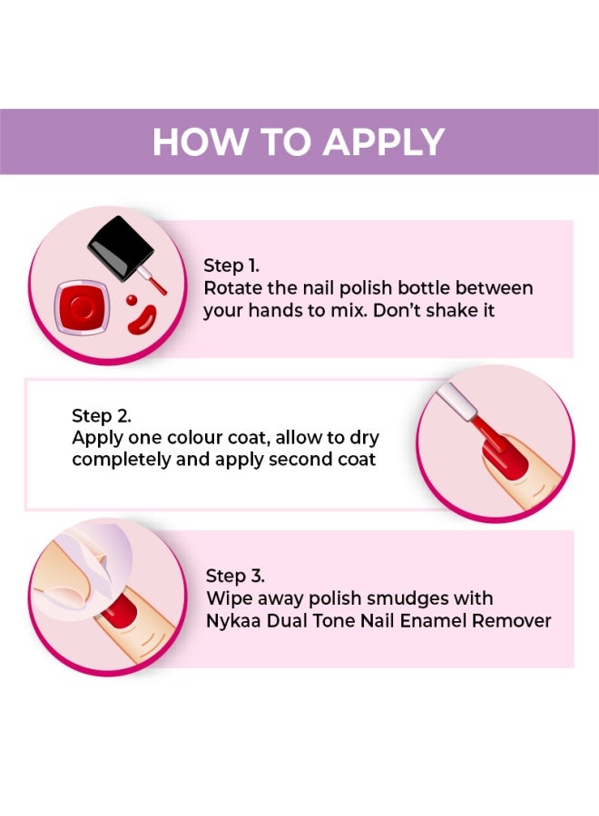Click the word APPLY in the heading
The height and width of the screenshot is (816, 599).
[383, 142]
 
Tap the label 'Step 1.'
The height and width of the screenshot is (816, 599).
[231, 266]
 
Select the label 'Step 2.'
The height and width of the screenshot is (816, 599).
[101, 416]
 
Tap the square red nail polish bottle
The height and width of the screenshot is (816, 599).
[83, 307]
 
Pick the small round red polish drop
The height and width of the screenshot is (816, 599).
[132, 299]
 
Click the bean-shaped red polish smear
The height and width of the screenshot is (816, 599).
[141, 319]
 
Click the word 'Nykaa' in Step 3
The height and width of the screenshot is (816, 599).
[232, 620]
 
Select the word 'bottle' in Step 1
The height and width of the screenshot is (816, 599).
[430, 288]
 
